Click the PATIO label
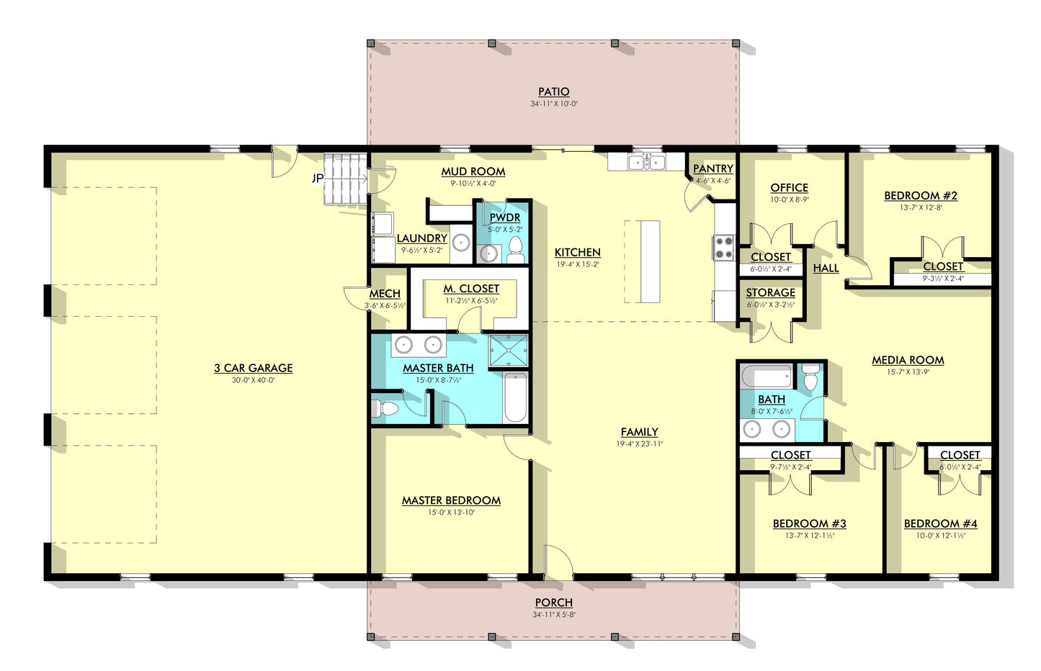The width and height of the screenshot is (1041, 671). pyautogui.click(x=553, y=92)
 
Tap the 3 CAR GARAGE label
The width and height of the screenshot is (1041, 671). pyautogui.click(x=253, y=368)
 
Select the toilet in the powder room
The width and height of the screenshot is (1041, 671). pyautogui.click(x=515, y=249)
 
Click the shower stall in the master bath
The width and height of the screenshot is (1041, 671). pyautogui.click(x=508, y=351)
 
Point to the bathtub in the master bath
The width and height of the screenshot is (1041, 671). pyautogui.click(x=515, y=398)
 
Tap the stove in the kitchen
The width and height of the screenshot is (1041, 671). pyautogui.click(x=723, y=247)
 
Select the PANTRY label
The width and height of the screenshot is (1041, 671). pyautogui.click(x=712, y=168)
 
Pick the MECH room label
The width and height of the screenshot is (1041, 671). pyautogui.click(x=385, y=294)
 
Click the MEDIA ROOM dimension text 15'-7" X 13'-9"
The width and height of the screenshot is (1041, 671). pyautogui.click(x=908, y=372)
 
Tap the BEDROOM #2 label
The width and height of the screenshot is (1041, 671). pyautogui.click(x=920, y=196)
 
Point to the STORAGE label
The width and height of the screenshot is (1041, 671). pyautogui.click(x=770, y=293)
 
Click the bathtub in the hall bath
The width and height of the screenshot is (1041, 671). pyautogui.click(x=767, y=377)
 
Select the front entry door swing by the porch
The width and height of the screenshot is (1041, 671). pyautogui.click(x=557, y=562)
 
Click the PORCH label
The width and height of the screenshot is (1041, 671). pyautogui.click(x=553, y=603)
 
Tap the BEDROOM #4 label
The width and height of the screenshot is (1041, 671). pyautogui.click(x=940, y=524)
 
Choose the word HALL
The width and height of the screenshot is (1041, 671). pyautogui.click(x=826, y=269)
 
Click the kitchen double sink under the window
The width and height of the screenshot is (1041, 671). pyautogui.click(x=646, y=162)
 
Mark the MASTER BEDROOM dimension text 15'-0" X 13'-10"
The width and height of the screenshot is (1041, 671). pyautogui.click(x=451, y=513)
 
